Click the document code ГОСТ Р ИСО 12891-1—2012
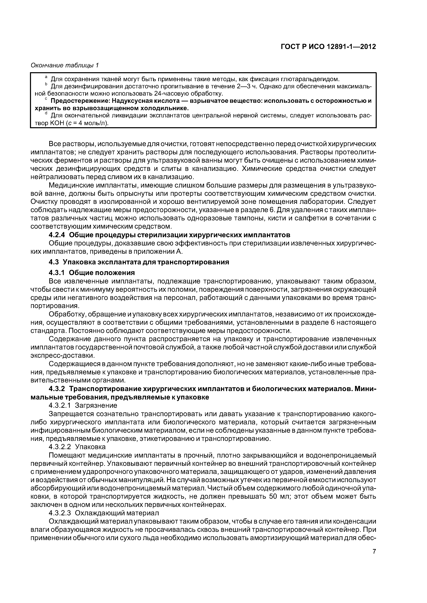coord(328,47)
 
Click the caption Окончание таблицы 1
coord(64,65)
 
